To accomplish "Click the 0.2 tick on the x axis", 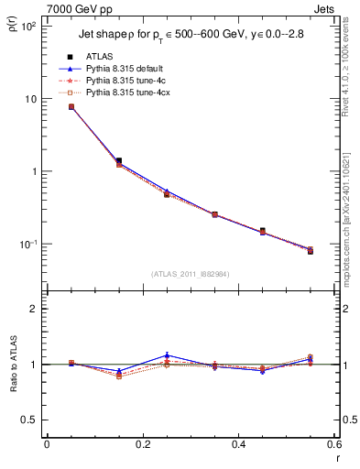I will tap(143, 444).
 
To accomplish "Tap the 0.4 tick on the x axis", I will tap(239, 444).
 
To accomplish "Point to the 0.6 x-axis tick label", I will tap(334, 444).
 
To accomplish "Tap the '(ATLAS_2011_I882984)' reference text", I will tap(191, 274).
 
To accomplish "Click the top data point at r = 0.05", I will tap(71, 107).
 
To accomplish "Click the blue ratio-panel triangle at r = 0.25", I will tap(167, 355).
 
